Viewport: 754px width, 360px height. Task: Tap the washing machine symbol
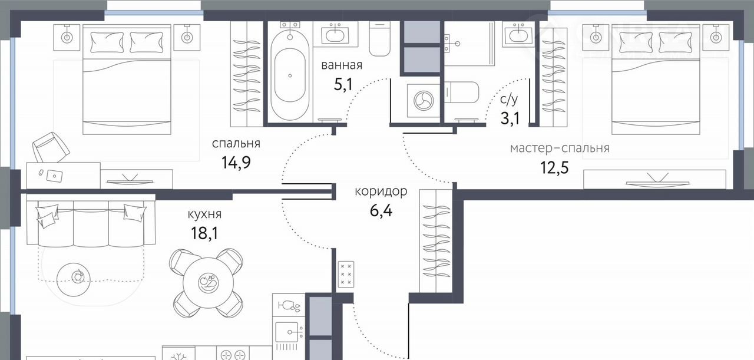[x=424, y=101]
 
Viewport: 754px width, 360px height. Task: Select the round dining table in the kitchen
[x=209, y=283]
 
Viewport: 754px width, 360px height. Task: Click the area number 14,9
[x=236, y=163]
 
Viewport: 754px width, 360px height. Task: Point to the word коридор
[x=381, y=191]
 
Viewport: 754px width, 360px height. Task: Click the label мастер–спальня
[x=560, y=148]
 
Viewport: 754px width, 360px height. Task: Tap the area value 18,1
[x=204, y=233]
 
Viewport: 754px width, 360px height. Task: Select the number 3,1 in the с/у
[x=510, y=118]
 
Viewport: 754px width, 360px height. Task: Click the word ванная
[x=342, y=65]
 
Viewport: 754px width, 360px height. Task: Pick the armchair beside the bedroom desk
[x=51, y=147]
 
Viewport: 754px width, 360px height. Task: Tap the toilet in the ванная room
[x=380, y=38]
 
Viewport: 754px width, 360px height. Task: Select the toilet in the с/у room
[x=461, y=93]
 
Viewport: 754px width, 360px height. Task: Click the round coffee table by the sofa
[x=74, y=279]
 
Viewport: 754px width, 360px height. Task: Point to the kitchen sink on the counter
[x=287, y=332]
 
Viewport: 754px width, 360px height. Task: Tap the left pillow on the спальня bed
[x=107, y=42]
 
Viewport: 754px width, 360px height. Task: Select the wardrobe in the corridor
[x=436, y=241]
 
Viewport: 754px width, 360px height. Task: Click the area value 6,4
[x=381, y=211]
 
